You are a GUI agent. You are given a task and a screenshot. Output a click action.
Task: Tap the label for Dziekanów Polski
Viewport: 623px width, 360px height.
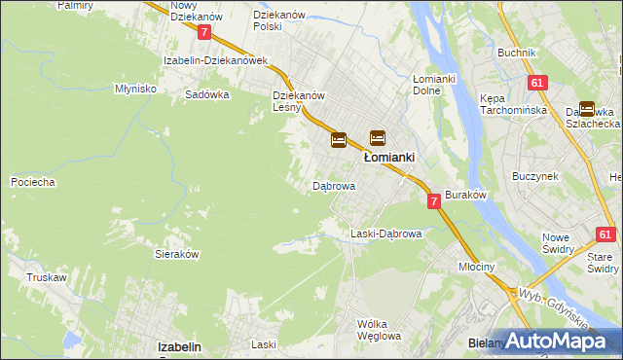tap(280, 20)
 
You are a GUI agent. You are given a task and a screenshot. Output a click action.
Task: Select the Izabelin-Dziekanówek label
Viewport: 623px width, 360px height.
tap(215, 59)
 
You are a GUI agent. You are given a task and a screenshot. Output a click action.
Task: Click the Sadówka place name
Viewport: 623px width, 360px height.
tap(206, 94)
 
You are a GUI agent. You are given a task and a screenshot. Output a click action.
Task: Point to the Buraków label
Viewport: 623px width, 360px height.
tap(465, 195)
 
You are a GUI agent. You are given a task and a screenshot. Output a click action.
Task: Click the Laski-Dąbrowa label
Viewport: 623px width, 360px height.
tap(385, 234)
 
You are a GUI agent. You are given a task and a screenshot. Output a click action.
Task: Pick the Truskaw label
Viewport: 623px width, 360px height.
tap(47, 277)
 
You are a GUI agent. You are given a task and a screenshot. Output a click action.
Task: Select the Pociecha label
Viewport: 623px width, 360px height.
tap(32, 182)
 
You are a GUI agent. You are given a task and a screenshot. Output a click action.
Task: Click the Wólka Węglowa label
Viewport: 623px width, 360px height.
tap(379, 330)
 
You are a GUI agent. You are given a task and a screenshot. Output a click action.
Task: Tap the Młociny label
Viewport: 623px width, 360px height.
tap(477, 266)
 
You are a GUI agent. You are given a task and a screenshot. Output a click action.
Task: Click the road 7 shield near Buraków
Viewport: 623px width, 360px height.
tap(434, 200)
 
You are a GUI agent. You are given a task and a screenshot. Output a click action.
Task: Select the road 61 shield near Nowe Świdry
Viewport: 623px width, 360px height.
tap(605, 234)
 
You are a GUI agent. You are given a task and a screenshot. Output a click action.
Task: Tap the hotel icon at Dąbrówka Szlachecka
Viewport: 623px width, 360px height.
tap(587, 110)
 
